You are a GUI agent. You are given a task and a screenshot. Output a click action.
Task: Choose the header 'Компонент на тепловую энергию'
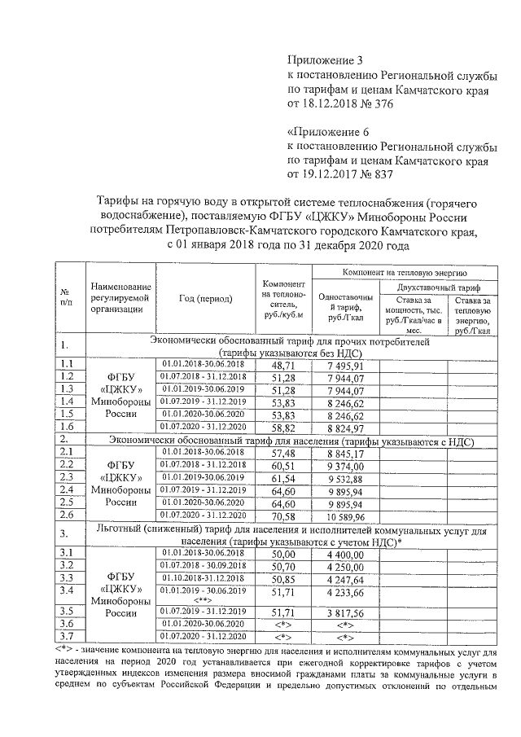pyautogui.click(x=406, y=270)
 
